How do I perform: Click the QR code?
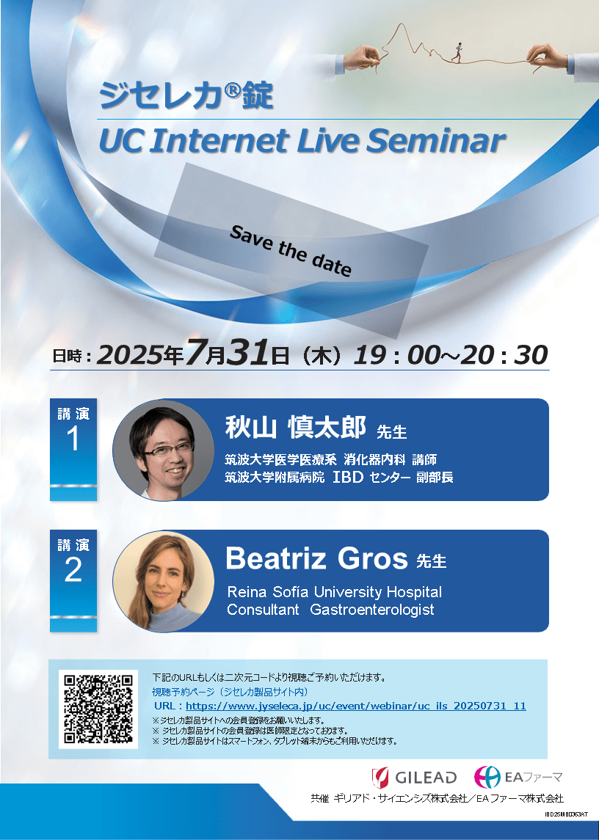click(x=98, y=709)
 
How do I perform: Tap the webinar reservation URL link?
click(x=355, y=706)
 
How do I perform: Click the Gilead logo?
click(x=414, y=778)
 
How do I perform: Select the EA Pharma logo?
click(x=518, y=777)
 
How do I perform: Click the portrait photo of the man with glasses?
click(x=163, y=450)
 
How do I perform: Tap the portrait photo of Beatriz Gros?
click(x=163, y=581)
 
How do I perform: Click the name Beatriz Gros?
click(x=316, y=558)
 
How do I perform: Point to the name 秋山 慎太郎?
click(x=296, y=428)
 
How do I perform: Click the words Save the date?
click(x=291, y=251)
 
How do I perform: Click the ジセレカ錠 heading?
click(x=186, y=95)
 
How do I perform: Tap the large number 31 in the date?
click(x=247, y=354)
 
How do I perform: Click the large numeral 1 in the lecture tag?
click(x=73, y=439)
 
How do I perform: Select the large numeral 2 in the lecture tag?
click(x=73, y=570)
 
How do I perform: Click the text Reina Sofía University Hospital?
click(x=335, y=592)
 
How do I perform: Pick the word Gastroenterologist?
click(x=372, y=610)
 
